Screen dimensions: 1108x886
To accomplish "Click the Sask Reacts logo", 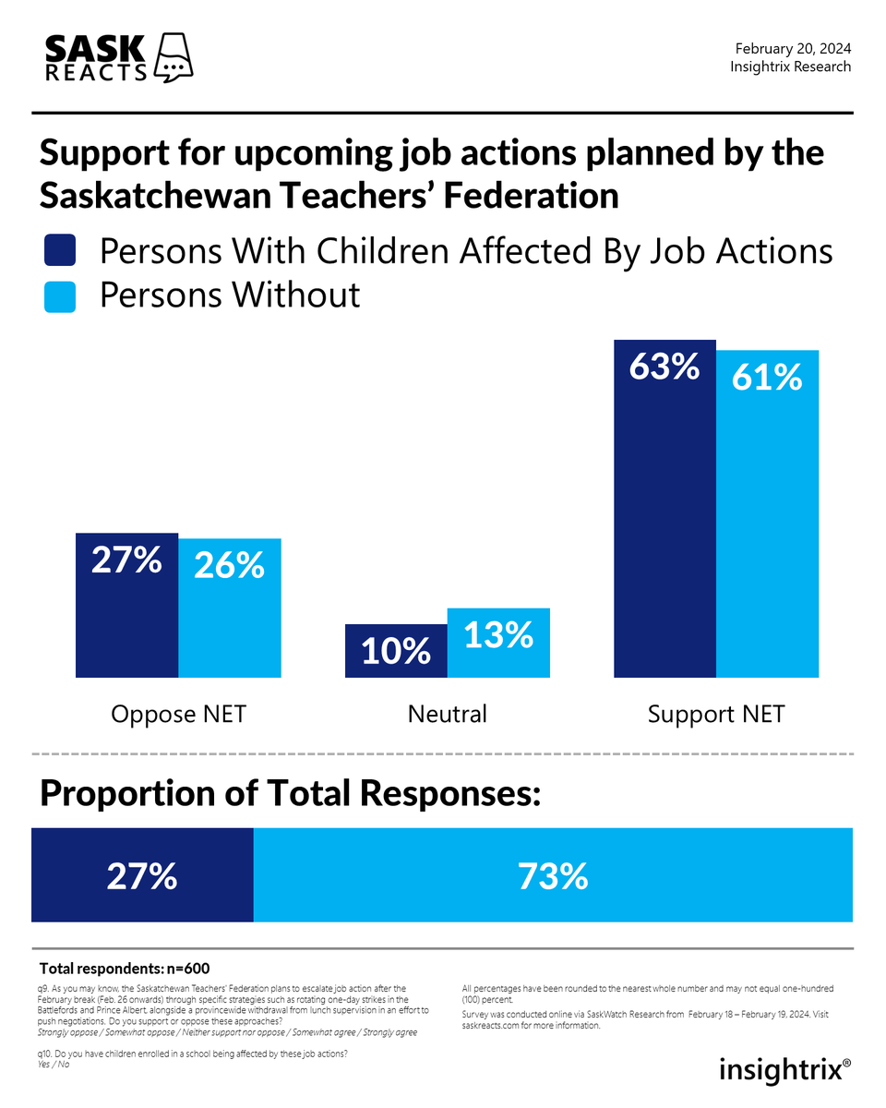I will [118, 58].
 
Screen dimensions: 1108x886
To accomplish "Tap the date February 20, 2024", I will [793, 49].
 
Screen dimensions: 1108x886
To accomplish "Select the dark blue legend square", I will [60, 251].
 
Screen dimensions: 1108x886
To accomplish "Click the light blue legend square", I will [60, 296].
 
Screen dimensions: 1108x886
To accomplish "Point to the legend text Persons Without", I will [230, 295].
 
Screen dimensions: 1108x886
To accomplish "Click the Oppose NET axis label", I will [178, 714].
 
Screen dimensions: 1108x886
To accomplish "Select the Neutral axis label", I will [447, 714].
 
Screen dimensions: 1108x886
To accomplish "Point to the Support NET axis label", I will [715, 714].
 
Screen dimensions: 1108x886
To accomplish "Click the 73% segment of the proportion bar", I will [553, 875].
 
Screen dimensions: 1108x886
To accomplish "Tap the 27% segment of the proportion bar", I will [142, 875].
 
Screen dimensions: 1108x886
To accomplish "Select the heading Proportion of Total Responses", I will [289, 794].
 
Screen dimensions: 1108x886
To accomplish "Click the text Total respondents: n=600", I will [125, 969].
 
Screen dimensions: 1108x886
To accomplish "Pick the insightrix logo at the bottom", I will [784, 1070].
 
